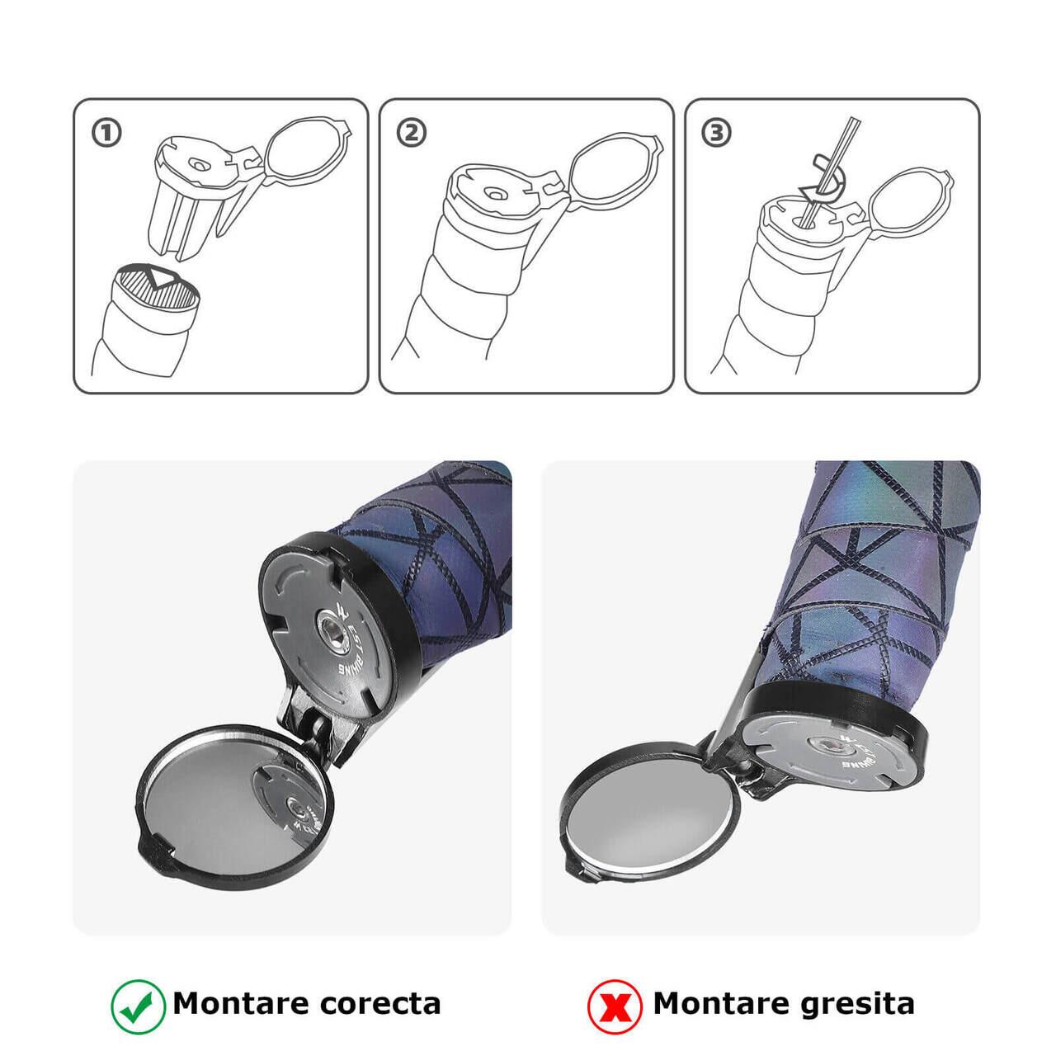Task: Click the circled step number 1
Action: coord(106,133)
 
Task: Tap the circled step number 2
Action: coord(412,133)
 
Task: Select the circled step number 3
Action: coord(717,133)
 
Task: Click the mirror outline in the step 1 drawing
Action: coord(307,147)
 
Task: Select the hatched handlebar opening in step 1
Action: coord(156,284)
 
